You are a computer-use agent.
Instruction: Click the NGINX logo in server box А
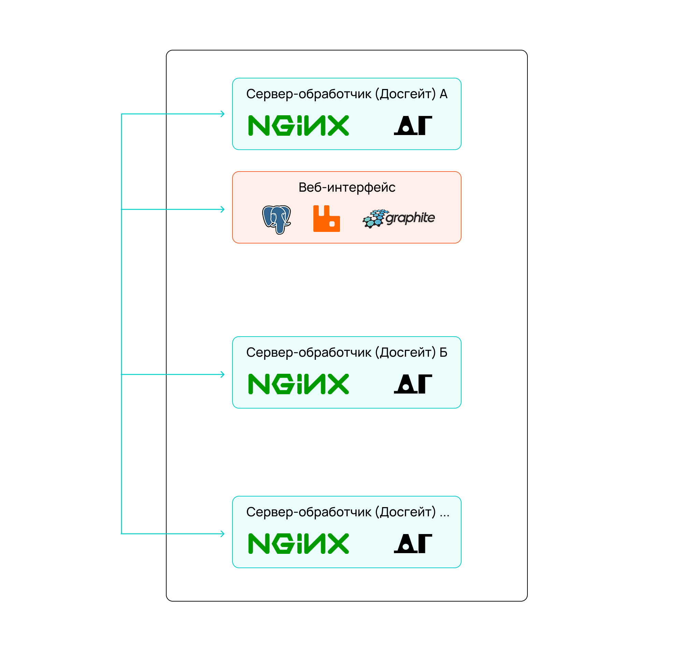298,125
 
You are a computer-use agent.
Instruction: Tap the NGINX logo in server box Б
298,384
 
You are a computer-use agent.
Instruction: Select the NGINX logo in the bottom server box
298,544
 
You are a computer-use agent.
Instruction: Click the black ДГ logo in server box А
413,125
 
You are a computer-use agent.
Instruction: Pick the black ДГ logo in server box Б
413,384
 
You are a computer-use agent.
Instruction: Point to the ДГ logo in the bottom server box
413,544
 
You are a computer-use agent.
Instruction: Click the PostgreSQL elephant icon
277,220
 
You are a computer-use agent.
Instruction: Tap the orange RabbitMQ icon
326,219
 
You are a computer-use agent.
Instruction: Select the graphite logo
398,219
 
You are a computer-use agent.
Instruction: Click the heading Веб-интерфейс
347,187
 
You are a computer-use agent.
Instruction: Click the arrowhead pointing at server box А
222,114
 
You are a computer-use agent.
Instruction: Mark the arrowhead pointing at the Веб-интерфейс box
222,209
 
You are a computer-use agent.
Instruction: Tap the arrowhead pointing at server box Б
222,374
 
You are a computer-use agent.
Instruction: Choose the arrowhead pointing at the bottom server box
222,534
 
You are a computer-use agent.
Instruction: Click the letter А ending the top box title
443,94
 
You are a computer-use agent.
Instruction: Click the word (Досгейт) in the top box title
406,94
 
